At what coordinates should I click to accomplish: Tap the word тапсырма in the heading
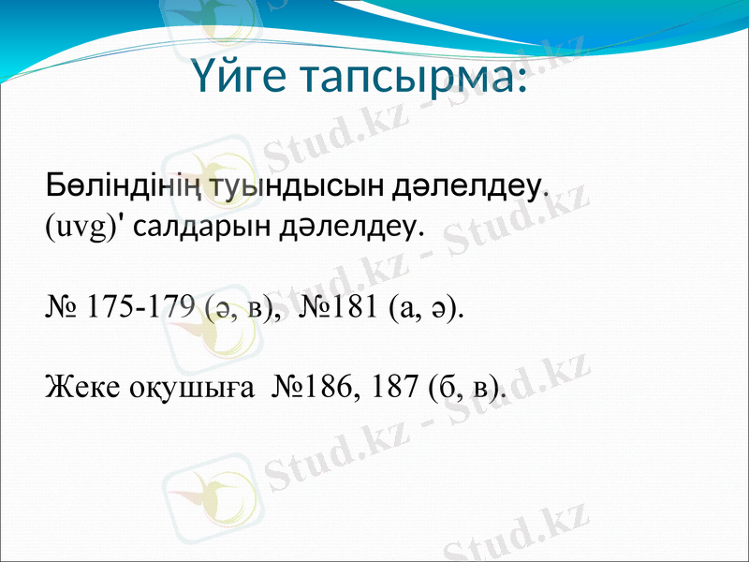[x=403, y=76]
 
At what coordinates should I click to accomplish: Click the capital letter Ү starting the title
[x=202, y=76]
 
